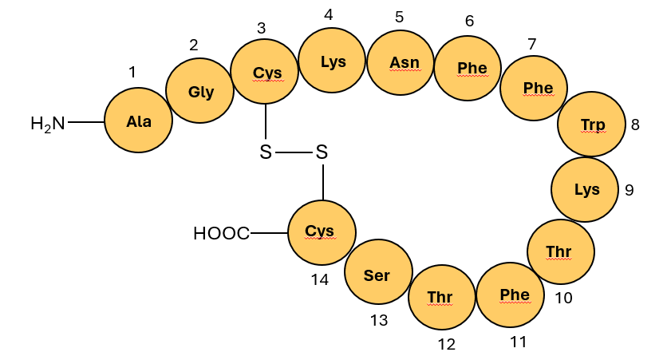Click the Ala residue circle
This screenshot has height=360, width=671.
(138, 121)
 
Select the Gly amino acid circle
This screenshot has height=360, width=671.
(200, 91)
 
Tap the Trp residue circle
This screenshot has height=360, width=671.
(592, 125)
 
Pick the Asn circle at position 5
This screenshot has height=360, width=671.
(400, 62)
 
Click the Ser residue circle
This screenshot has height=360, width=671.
(377, 275)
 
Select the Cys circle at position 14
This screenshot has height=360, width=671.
(320, 232)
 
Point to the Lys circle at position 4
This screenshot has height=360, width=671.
(332, 61)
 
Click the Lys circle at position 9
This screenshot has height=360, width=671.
(586, 190)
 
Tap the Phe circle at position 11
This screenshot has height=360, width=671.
(510, 295)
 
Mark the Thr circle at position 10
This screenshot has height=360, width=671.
(560, 252)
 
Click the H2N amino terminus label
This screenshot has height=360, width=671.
(48, 123)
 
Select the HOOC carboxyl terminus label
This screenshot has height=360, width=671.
(221, 234)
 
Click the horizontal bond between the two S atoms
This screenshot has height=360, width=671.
(294, 152)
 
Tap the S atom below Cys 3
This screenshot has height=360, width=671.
(266, 152)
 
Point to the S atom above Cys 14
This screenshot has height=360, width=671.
(322, 152)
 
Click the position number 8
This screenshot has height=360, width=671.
(635, 125)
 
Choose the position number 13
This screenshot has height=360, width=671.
(378, 320)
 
